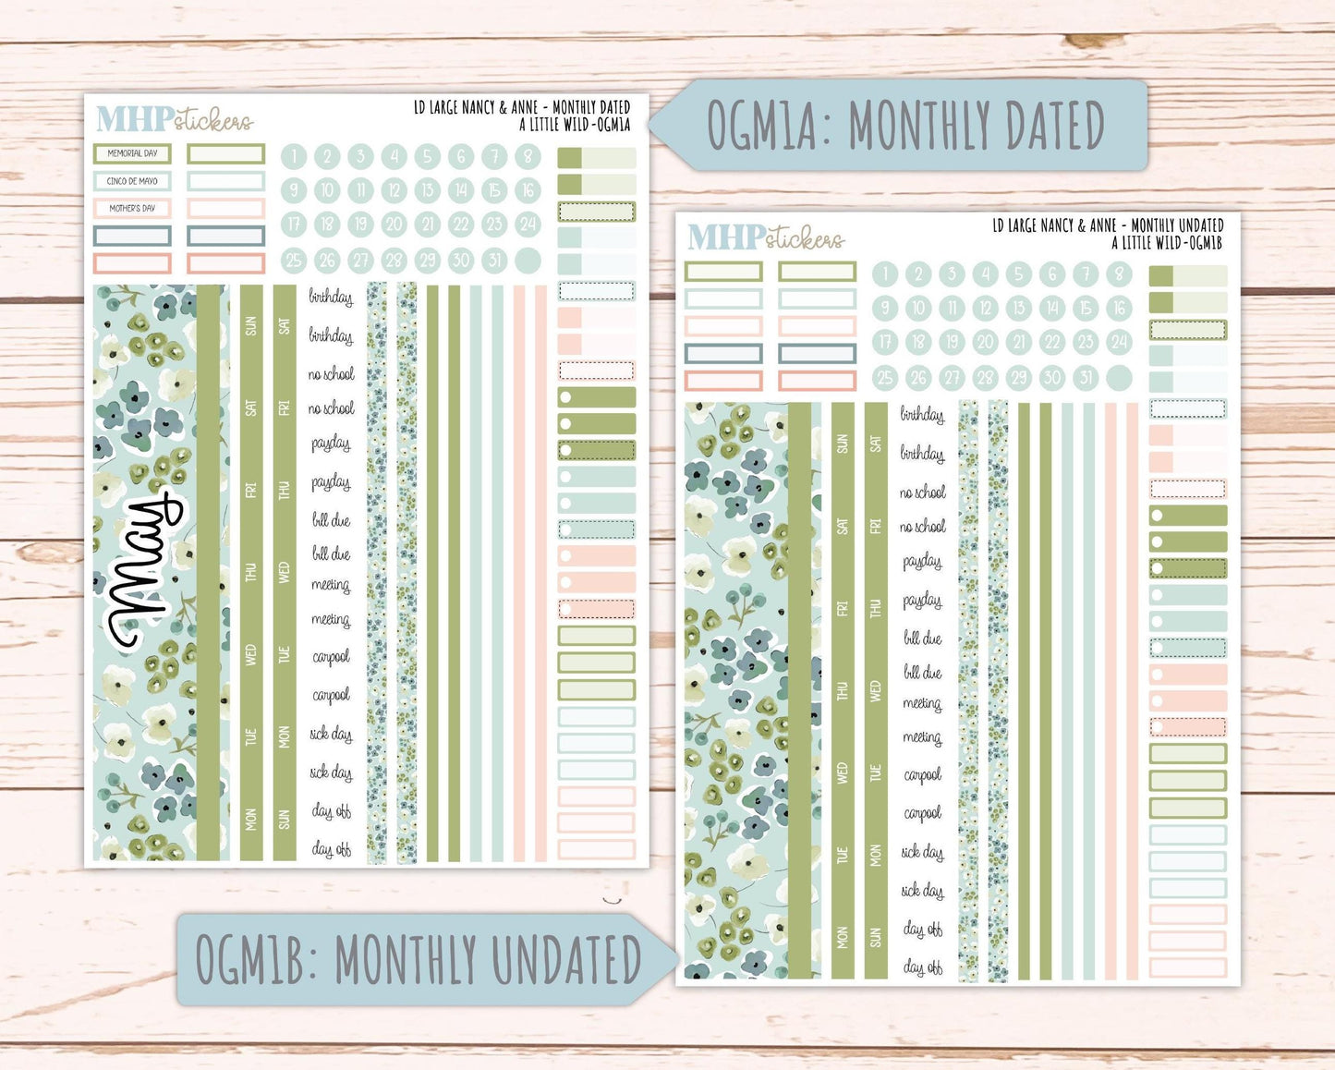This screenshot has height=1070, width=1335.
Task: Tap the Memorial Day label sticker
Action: (x=132, y=153)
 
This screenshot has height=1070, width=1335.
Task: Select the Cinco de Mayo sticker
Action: (x=132, y=181)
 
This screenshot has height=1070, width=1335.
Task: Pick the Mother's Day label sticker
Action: (x=132, y=208)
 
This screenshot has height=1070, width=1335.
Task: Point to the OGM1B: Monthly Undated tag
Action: (x=420, y=959)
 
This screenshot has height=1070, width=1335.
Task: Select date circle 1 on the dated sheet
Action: (x=294, y=156)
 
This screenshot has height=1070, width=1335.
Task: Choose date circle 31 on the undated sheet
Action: (x=1086, y=377)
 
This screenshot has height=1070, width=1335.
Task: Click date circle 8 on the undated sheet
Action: (x=1119, y=274)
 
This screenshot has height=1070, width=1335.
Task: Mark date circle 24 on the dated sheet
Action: (x=528, y=224)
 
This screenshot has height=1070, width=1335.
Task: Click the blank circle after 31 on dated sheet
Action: (x=528, y=260)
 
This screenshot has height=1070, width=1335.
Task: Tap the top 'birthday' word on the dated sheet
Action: (x=331, y=298)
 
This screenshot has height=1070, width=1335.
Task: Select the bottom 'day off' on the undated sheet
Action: (x=923, y=967)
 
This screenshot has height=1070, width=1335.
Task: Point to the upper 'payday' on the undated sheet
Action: (x=922, y=562)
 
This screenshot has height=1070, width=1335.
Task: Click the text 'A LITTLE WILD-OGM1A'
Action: (x=575, y=125)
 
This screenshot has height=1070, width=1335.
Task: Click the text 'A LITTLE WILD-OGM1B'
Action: (x=1166, y=242)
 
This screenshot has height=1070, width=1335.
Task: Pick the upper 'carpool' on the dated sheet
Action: (x=331, y=657)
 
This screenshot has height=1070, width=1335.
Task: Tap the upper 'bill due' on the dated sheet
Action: (x=331, y=520)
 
